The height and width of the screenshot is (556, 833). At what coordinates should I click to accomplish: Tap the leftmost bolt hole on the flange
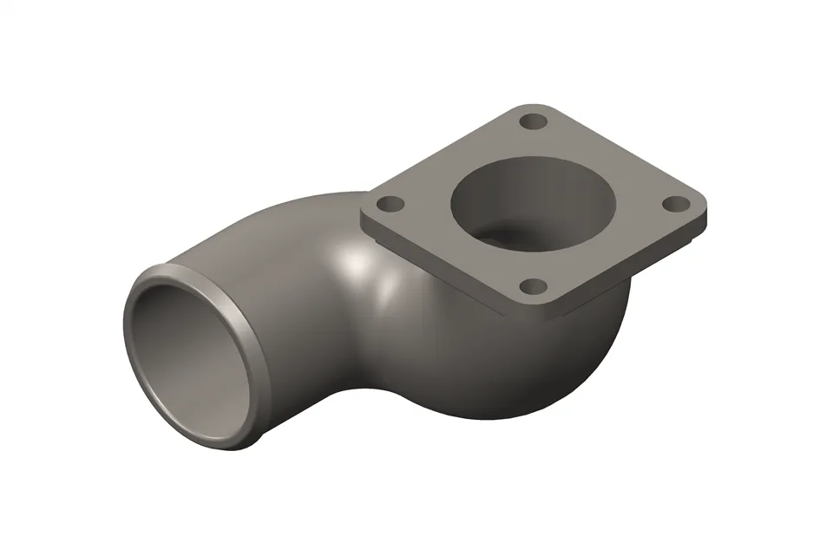(392, 205)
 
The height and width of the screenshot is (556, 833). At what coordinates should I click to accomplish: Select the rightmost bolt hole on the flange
(675, 204)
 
